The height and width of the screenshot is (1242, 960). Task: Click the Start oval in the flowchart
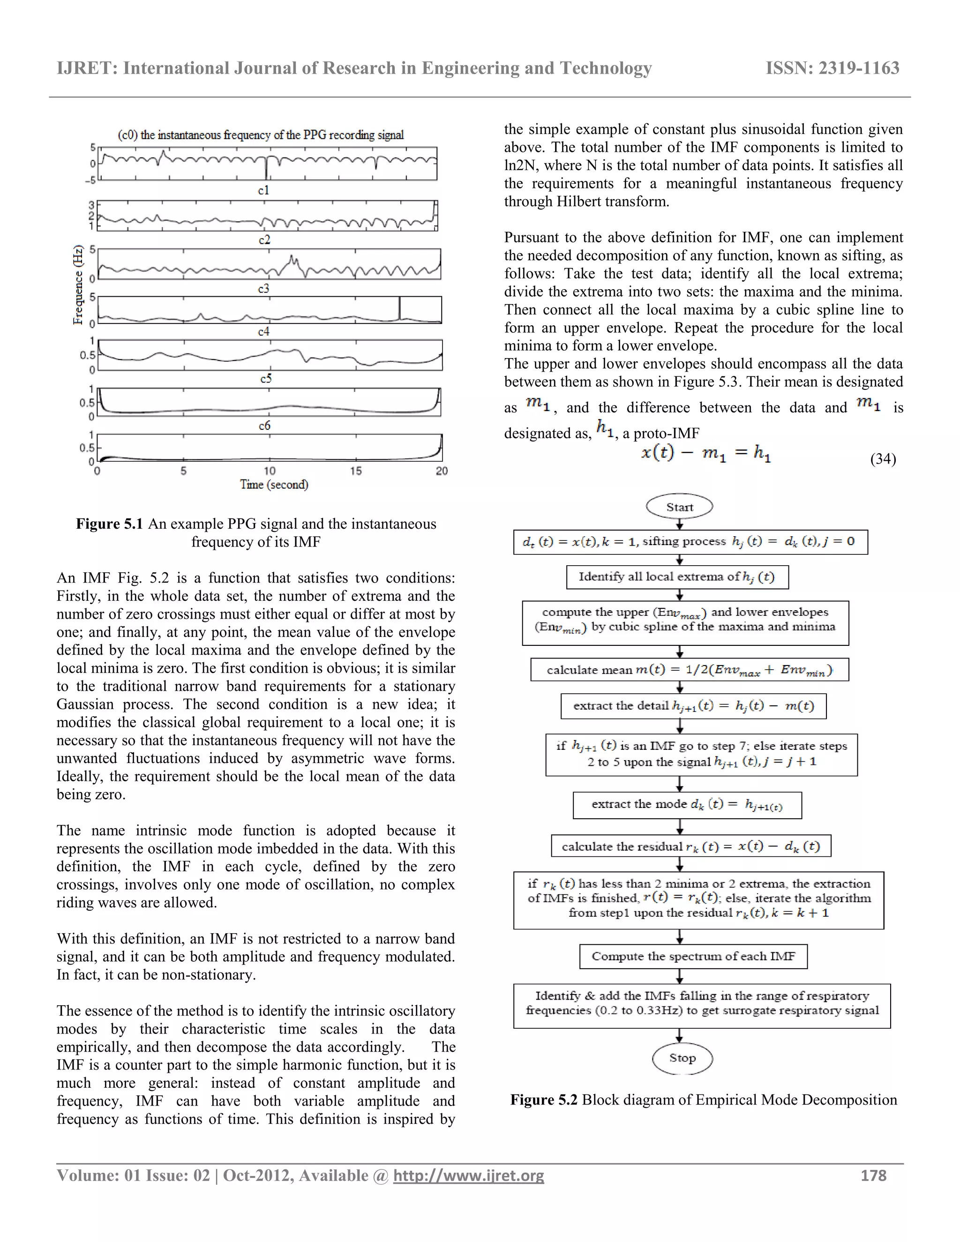tap(680, 507)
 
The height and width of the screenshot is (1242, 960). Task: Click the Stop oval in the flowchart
tap(682, 1058)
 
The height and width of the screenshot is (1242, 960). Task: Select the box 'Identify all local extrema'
tap(677, 576)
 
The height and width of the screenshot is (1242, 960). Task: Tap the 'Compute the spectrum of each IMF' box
tap(693, 956)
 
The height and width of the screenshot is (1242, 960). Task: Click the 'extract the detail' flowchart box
tap(693, 706)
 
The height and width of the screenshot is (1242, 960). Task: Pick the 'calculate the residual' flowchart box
tap(691, 846)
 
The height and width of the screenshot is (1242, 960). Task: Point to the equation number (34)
tap(883, 458)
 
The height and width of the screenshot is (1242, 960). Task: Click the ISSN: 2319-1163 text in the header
tap(832, 68)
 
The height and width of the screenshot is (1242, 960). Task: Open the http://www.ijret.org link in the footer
tap(469, 1175)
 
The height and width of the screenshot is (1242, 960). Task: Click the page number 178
tap(874, 1175)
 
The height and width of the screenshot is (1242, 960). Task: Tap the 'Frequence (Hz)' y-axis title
tap(78, 284)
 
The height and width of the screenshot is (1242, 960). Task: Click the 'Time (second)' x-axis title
tap(274, 485)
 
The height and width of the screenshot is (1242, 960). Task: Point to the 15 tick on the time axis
tap(355, 471)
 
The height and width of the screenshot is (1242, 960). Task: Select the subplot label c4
tap(264, 331)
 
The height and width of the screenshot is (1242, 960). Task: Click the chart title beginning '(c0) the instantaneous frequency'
tap(261, 135)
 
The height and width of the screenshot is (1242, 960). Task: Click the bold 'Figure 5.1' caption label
tap(110, 524)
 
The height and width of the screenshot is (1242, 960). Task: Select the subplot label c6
tap(264, 426)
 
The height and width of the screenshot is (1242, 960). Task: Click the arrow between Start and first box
tap(680, 524)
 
